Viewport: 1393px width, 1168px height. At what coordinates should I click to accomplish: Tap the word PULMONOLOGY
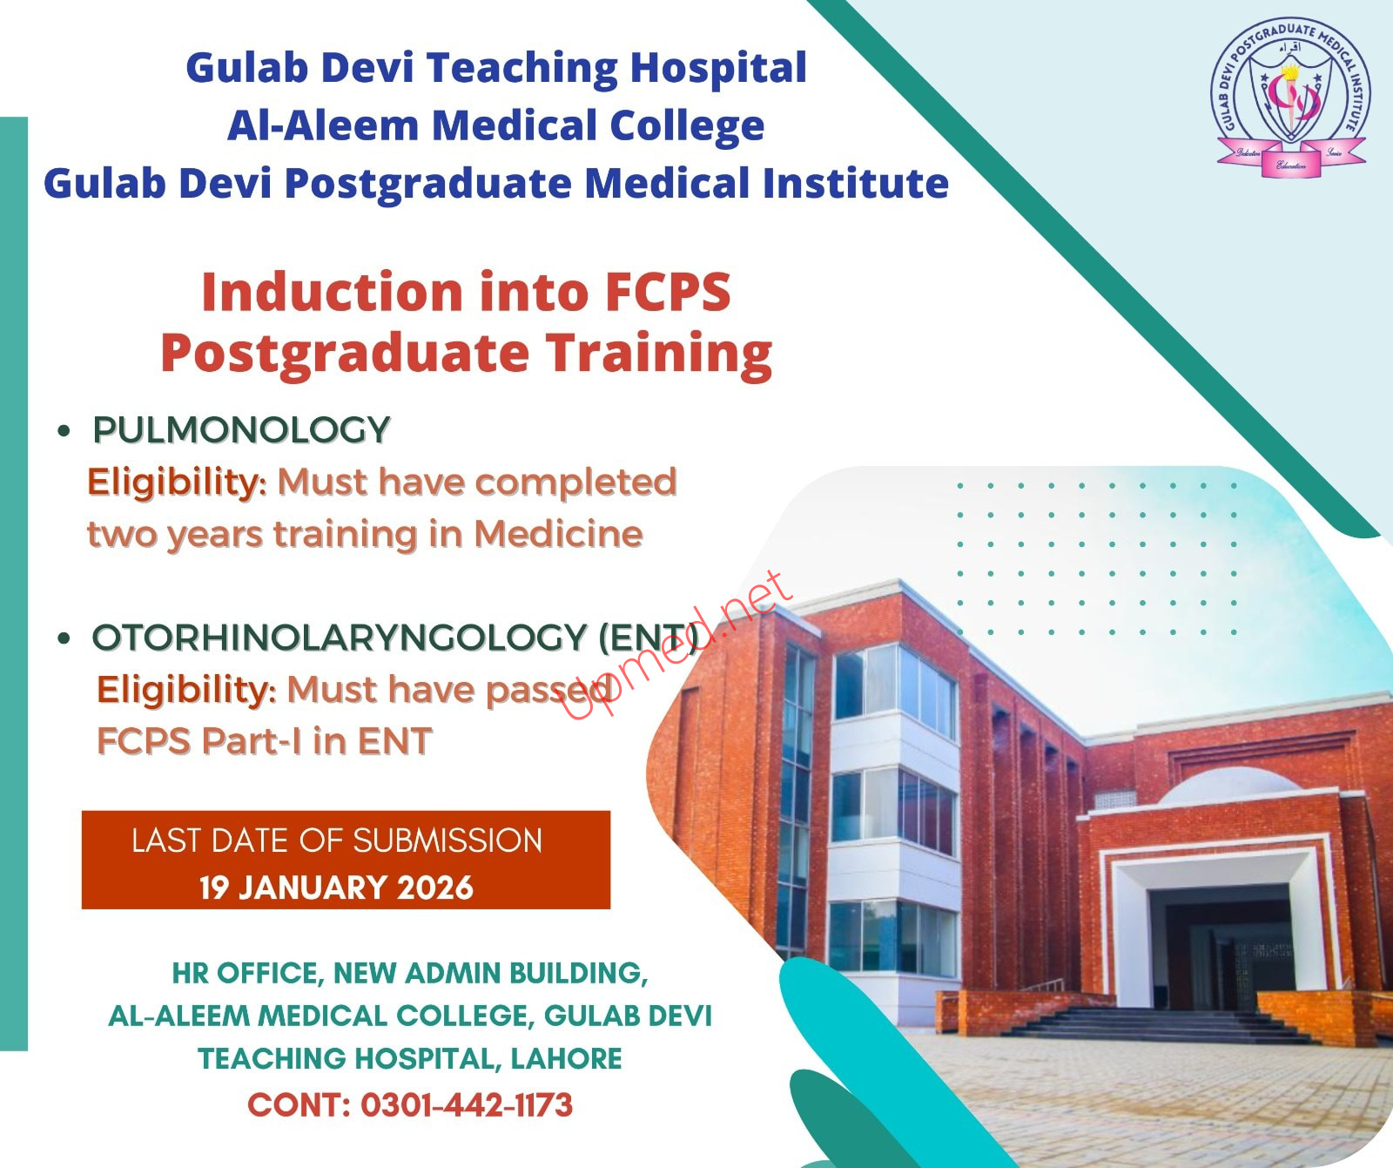click(241, 430)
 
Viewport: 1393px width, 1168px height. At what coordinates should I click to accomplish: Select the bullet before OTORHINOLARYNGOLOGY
click(64, 638)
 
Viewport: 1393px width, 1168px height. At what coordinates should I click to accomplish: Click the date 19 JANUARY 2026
click(336, 888)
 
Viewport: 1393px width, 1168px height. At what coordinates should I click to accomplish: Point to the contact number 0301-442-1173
click(467, 1105)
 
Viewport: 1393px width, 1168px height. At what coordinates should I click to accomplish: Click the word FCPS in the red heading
click(668, 292)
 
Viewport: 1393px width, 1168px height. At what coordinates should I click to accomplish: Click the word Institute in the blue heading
click(856, 183)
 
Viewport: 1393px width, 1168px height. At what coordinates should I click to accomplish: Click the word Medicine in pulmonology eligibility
click(558, 534)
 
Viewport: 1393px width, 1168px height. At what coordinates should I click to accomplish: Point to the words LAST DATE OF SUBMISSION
click(337, 841)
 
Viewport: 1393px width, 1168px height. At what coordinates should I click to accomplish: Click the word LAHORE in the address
click(566, 1058)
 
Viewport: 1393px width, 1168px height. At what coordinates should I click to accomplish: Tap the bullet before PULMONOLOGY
click(64, 431)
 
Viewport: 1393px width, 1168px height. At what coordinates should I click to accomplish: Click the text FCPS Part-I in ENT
click(265, 742)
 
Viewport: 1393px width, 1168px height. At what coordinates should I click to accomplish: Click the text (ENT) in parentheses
click(649, 638)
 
